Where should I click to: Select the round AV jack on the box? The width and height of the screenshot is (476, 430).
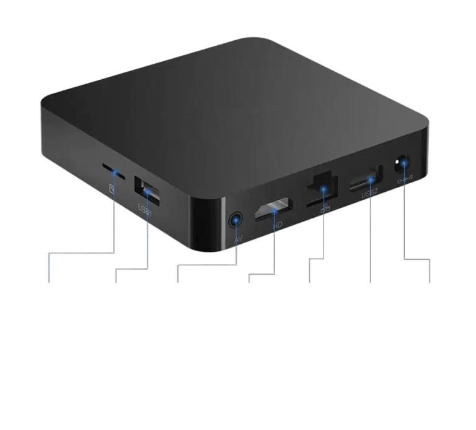pyautogui.click(x=235, y=219)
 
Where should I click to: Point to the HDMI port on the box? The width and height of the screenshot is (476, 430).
pyautogui.click(x=272, y=208)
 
